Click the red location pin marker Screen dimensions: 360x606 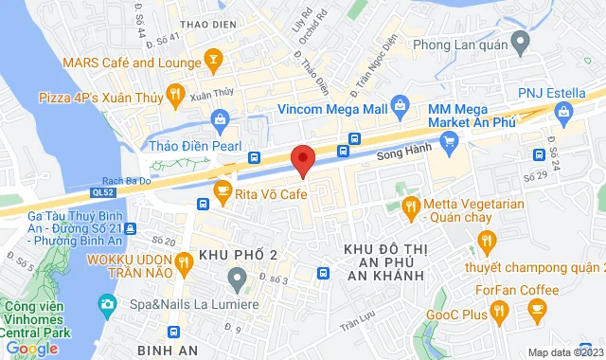click(x=303, y=159)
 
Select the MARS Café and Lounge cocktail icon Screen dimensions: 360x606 click(x=214, y=63)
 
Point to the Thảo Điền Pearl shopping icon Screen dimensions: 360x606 click(x=220, y=119)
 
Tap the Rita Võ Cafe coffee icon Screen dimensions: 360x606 click(x=223, y=190)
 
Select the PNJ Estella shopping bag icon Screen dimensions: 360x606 click(x=562, y=113)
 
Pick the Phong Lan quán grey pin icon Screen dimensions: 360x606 click(x=519, y=41)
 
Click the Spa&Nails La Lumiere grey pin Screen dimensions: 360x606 click(x=236, y=277)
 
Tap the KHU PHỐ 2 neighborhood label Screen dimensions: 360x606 click(x=238, y=255)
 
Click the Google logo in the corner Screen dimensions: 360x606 click(x=31, y=349)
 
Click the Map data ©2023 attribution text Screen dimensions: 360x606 click(x=562, y=352)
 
